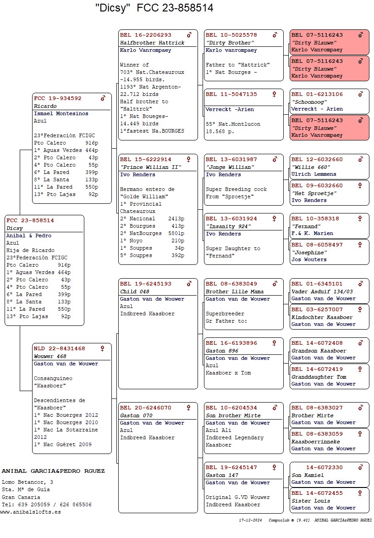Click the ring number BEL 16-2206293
[x=146, y=35]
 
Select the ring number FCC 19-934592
[x=58, y=98]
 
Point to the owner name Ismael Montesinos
[x=61, y=113]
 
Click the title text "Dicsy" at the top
[x=111, y=8]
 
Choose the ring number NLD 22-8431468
[x=60, y=348]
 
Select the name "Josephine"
[x=309, y=252]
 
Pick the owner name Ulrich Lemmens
[x=314, y=174]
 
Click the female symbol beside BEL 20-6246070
[x=188, y=408]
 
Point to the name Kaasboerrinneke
[x=316, y=441]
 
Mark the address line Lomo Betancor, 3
[x=27, y=482]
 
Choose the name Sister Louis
[x=311, y=501]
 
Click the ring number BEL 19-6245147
[x=231, y=467]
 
